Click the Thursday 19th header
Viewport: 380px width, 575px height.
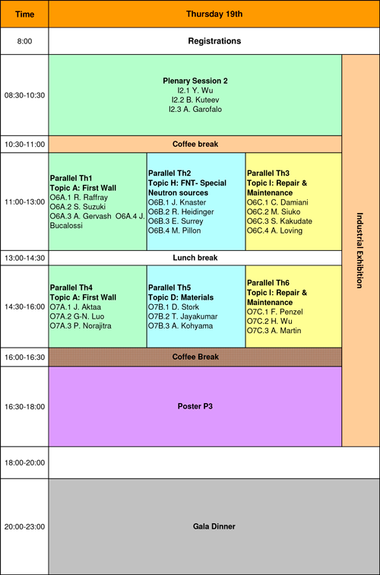214,14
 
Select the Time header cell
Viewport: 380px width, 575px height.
24,14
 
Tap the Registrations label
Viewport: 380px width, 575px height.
214,41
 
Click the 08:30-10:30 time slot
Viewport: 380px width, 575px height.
24,95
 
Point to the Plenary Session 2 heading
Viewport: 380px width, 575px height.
195,81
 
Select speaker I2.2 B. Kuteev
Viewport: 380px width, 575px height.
195,100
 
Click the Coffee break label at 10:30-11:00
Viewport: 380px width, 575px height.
195,144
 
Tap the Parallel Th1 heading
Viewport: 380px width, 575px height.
71,178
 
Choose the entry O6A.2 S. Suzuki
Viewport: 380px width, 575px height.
78,207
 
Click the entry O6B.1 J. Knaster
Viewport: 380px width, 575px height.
177,202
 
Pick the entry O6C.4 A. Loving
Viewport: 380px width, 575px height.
274,230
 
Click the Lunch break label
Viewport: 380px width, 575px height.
195,258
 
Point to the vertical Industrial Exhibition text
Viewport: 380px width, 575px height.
359,250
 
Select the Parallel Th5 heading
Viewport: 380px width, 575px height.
169,287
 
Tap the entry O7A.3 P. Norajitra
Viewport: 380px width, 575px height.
81,326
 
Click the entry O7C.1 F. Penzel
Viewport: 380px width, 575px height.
275,312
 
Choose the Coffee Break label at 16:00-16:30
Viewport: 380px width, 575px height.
195,357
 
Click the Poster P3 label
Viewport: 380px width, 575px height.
195,406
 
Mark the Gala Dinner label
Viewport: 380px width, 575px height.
214,526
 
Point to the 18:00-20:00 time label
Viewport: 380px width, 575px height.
24,462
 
